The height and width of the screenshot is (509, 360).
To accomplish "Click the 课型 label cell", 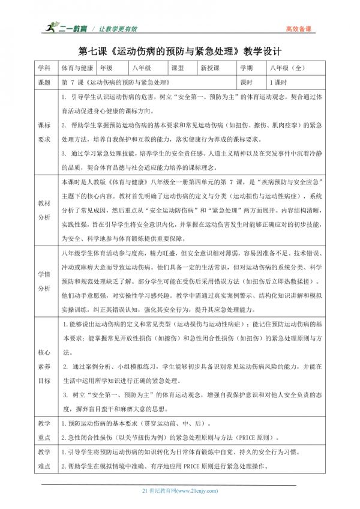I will click(178, 69).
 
